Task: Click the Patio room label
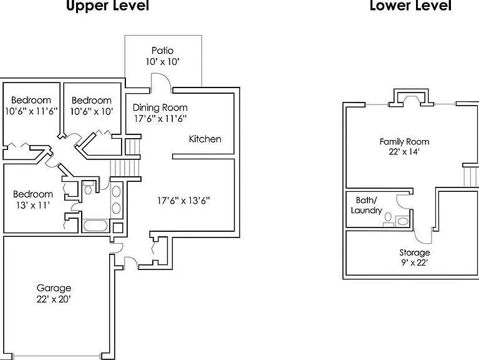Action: point(163,51)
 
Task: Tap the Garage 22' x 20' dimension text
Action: point(54,299)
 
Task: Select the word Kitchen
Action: point(205,139)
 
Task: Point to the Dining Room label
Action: point(160,107)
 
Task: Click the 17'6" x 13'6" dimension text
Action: point(183,201)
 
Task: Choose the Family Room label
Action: point(404,142)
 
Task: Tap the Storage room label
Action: point(415,252)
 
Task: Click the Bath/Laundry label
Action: point(366,206)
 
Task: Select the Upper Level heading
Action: point(107,6)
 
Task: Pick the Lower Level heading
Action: point(410,6)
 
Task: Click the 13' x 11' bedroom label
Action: point(33,205)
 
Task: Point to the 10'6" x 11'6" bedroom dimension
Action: point(31,111)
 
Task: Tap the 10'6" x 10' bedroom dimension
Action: point(92,111)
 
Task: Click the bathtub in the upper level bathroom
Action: point(95,226)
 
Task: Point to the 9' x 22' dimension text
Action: point(415,262)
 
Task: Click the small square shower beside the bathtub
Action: point(118,227)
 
